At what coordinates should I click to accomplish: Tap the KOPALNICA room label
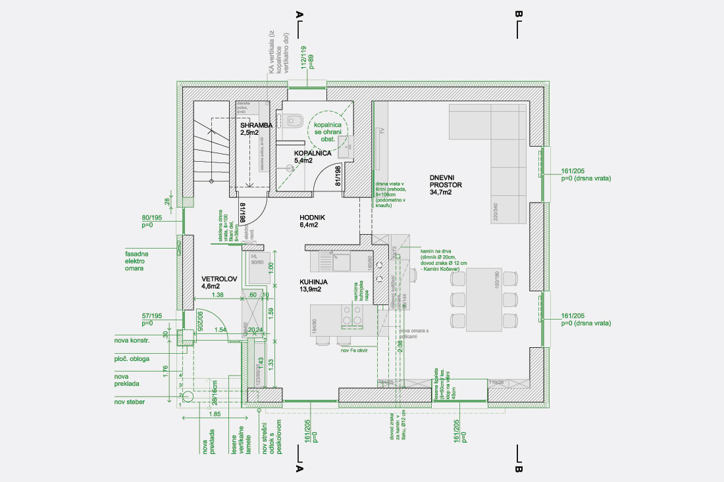[x=312, y=156]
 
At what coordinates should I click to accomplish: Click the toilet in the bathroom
[x=296, y=120]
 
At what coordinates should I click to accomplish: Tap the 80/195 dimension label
[x=151, y=222]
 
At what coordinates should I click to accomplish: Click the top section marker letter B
[x=519, y=14]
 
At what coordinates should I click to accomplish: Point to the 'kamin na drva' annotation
[x=437, y=251]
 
